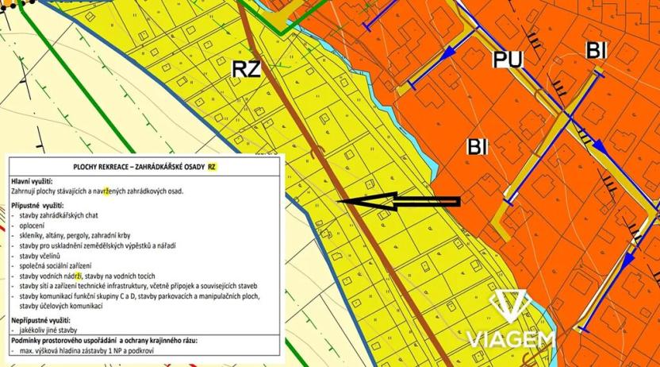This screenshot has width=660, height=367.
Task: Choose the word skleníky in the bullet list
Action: pyautogui.click(x=34, y=236)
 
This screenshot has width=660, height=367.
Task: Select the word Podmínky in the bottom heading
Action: pyautogui.click(x=29, y=339)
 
